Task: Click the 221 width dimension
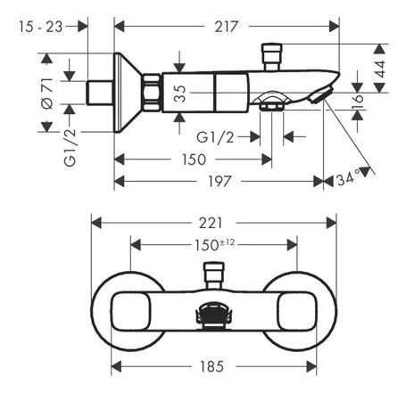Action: tap(213, 223)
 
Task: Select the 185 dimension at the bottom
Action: tap(213, 366)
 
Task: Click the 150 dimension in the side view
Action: tap(194, 159)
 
